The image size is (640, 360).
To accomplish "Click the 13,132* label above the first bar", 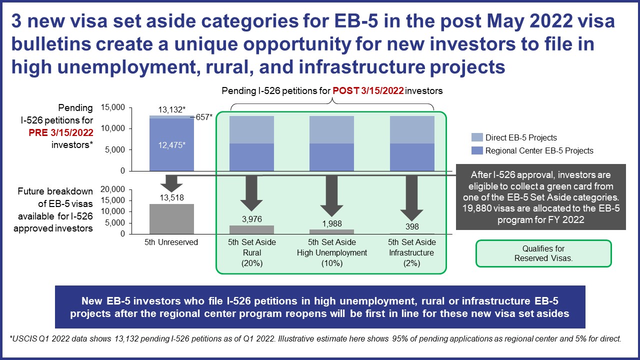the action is click(171, 109).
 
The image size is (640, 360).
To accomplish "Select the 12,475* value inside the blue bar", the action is click(171, 145).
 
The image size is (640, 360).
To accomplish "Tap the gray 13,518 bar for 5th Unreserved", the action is click(171, 219).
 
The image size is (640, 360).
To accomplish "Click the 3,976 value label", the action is click(251, 219).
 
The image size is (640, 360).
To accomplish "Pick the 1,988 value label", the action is click(331, 223).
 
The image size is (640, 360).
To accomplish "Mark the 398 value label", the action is click(412, 226).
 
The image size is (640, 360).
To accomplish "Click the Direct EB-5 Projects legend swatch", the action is click(477, 137).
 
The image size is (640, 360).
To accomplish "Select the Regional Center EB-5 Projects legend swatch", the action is click(477, 150).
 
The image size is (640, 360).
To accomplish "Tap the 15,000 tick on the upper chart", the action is click(113, 107).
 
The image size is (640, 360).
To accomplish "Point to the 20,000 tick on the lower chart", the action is click(113, 189).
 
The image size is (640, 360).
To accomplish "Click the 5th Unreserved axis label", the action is click(171, 242).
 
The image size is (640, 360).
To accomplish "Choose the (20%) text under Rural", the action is click(251, 263).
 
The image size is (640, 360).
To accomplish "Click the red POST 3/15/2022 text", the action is click(368, 91).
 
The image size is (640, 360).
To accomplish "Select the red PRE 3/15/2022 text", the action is click(61, 132).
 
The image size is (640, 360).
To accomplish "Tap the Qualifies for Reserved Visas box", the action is click(543, 253).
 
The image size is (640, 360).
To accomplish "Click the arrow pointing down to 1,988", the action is click(331, 196).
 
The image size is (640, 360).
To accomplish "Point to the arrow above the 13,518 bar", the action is click(171, 183).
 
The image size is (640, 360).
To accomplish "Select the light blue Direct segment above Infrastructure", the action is click(412, 129).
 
